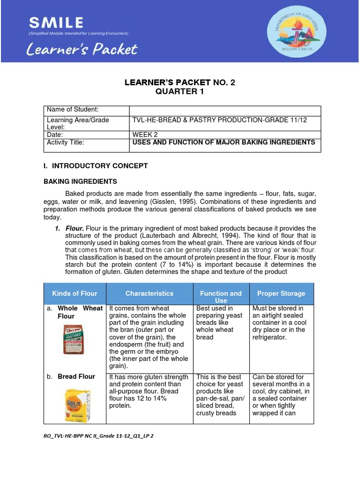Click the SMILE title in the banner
pos(56,22)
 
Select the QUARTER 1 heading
pos(180,91)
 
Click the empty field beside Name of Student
pos(225,110)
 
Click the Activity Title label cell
pos(86,145)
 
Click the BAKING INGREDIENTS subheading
pos(80,181)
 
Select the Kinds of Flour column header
pos(75,293)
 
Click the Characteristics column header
pos(149,293)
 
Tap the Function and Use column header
pos(221,297)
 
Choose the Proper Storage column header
pos(281,293)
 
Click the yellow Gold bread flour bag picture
pos(75,405)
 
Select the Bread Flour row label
pos(76,376)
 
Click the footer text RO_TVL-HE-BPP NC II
pos(98,435)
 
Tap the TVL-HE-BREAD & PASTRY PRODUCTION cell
pos(220,120)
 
